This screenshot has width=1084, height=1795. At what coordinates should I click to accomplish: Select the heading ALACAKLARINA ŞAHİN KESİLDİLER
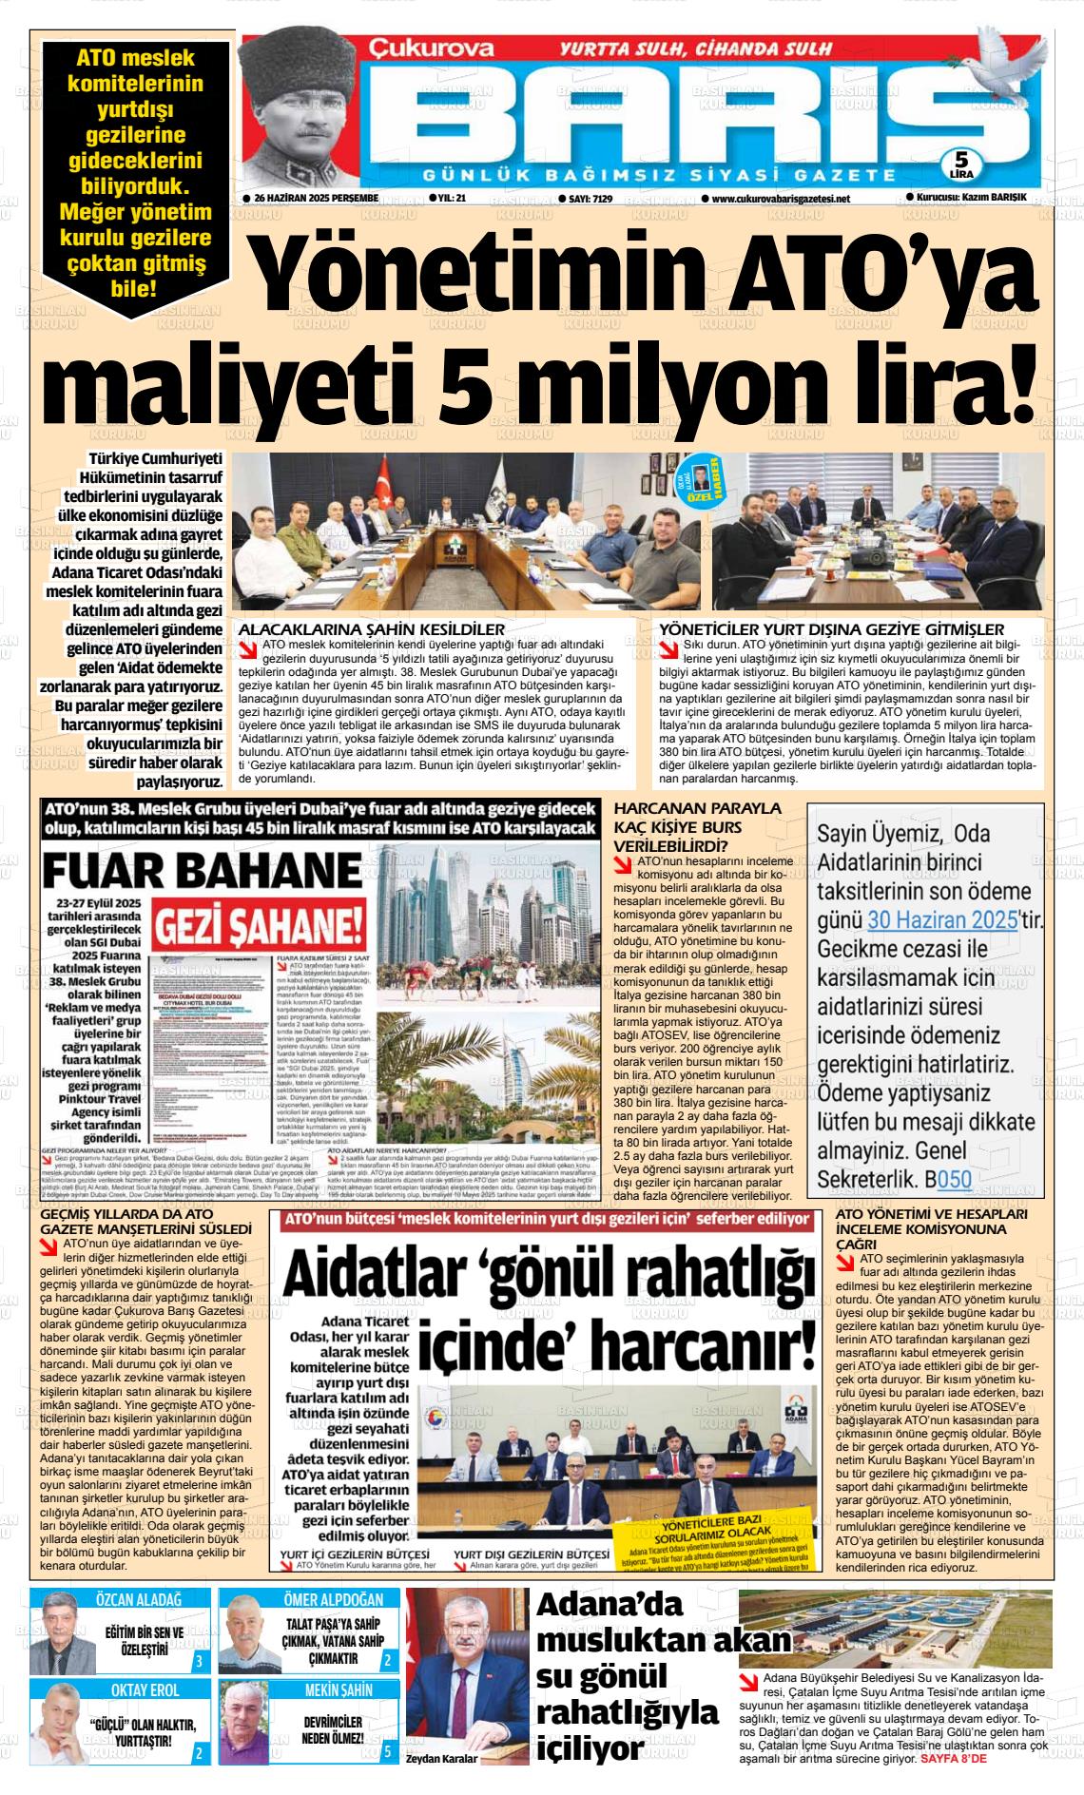point(371,629)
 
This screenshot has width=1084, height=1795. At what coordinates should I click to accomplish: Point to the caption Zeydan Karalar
point(441,1758)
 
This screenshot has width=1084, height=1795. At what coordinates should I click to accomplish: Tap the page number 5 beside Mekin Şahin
point(387,1751)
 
